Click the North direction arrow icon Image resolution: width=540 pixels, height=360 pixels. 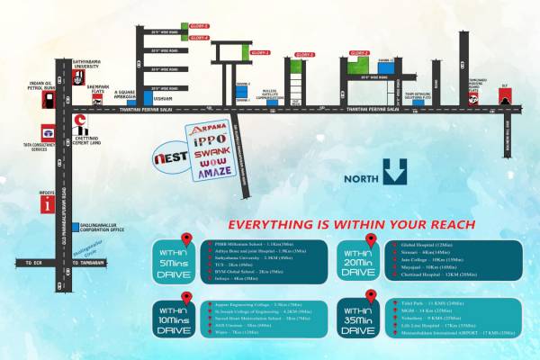click(x=394, y=171)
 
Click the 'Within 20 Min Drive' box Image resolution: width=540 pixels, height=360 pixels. click(x=359, y=262)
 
